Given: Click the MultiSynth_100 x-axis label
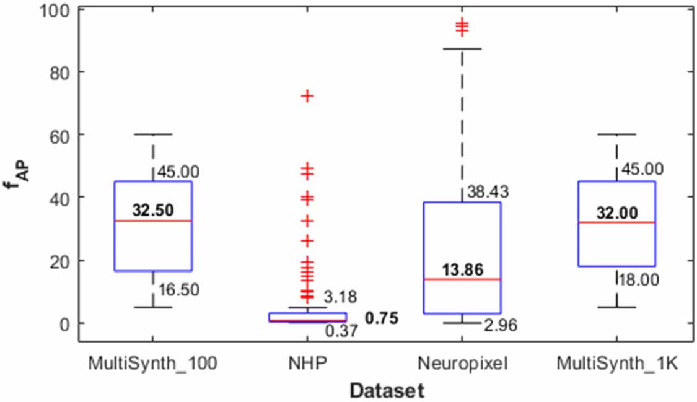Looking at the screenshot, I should pyautogui.click(x=152, y=364).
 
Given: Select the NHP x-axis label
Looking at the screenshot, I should pyautogui.click(x=307, y=364).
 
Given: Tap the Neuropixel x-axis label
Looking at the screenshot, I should pyautogui.click(x=462, y=364).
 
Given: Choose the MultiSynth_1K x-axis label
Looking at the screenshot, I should pyautogui.click(x=617, y=364).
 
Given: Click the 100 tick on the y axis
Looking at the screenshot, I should pyautogui.click(x=56, y=10).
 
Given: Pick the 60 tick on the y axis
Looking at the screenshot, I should pyautogui.click(x=60, y=134).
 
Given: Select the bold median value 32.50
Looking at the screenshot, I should pyautogui.click(x=152, y=209).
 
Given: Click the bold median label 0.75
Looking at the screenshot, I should pyautogui.click(x=381, y=318).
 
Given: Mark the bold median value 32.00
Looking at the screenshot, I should pyautogui.click(x=617, y=212).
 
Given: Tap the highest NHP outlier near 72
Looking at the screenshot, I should pyautogui.click(x=307, y=95).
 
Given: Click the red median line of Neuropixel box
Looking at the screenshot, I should pyautogui.click(x=462, y=279).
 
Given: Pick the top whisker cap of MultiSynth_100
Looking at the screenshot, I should pyautogui.click(x=152, y=134).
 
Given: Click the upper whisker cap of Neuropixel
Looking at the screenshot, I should pyautogui.click(x=462, y=48).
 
